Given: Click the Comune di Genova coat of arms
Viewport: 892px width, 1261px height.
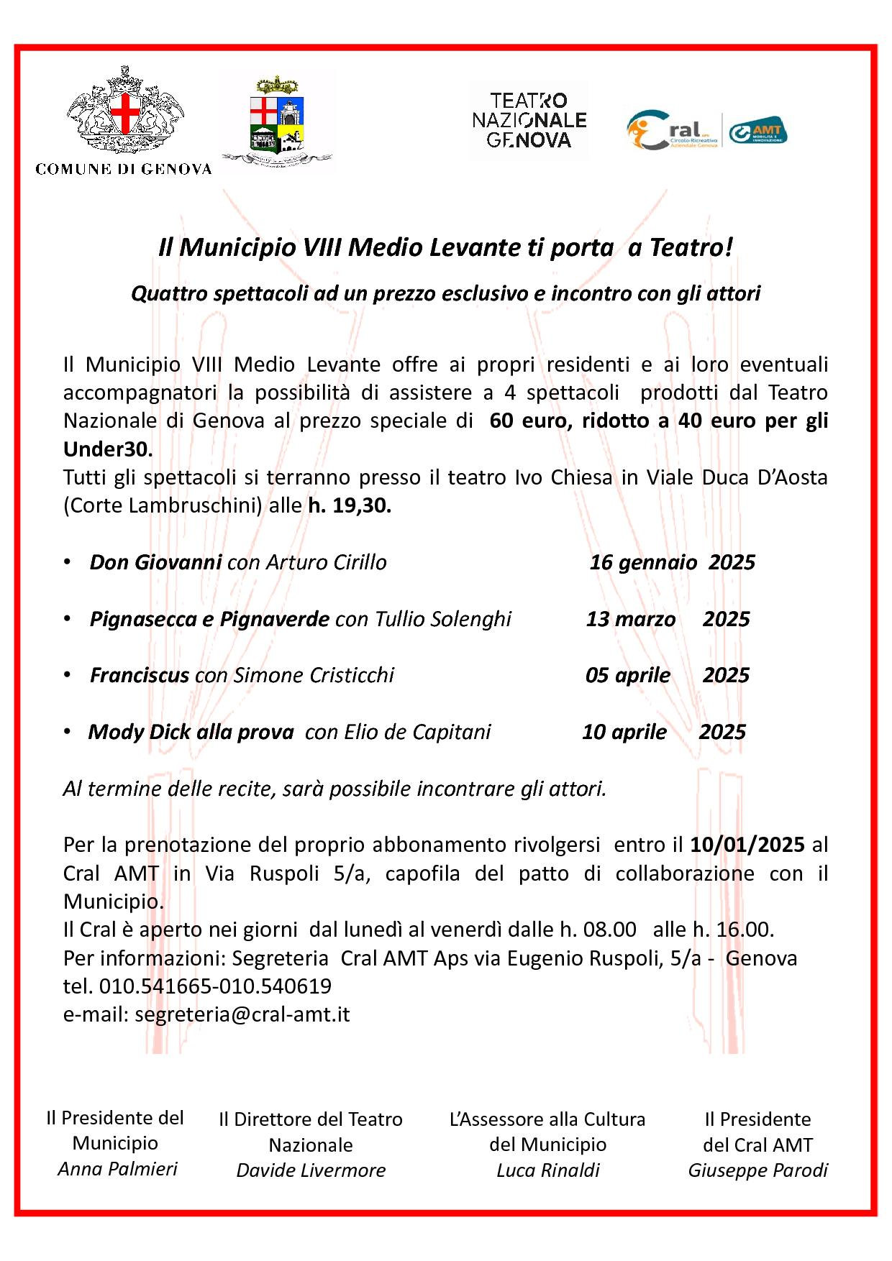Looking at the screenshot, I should pos(124,111).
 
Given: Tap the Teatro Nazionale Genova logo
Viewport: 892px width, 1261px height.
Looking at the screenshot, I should pos(529,120).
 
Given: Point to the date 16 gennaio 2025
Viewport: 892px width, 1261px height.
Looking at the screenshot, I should pos(672,562).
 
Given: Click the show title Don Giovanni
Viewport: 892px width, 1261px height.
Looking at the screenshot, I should pos(155,562).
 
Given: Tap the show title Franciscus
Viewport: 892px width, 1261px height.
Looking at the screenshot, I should pos(140,675).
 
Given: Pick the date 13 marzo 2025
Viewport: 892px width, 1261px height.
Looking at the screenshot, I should pos(668,619).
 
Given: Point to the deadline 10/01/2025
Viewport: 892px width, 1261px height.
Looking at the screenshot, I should pos(747,845).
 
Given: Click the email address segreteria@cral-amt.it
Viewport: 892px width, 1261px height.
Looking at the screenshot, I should pos(242,1014).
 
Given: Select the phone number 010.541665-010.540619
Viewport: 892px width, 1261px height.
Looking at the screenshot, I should pos(215,986).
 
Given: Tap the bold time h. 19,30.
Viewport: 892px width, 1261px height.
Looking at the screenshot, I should pos(350,505).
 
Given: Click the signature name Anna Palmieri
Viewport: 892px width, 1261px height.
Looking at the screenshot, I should pos(117,1169).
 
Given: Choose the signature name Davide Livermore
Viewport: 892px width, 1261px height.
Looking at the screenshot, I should pos(311,1170).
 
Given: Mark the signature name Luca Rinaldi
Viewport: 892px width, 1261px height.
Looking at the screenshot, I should pos(547,1170).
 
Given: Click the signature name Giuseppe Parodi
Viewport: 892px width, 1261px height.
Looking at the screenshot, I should pos(757,1170).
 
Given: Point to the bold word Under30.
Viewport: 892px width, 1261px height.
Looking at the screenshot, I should pos(108,449).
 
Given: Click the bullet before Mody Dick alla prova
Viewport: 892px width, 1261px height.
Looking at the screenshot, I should pos(67,731).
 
